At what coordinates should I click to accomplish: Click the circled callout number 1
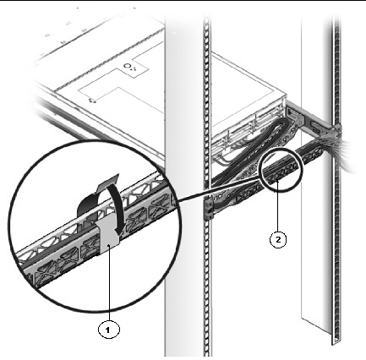pos(108,329)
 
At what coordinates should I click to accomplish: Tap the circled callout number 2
pos(278,240)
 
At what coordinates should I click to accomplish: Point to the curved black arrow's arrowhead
pos(117,230)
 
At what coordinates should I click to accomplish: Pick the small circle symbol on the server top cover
pos(128,67)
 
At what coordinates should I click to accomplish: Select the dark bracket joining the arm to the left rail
pos(209,209)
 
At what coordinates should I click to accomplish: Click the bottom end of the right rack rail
pos(336,341)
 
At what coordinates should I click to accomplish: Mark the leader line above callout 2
pos(278,206)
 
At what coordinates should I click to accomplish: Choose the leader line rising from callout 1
pos(109,282)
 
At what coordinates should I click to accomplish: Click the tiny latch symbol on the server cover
pos(91,101)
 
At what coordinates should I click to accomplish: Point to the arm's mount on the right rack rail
pos(336,130)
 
